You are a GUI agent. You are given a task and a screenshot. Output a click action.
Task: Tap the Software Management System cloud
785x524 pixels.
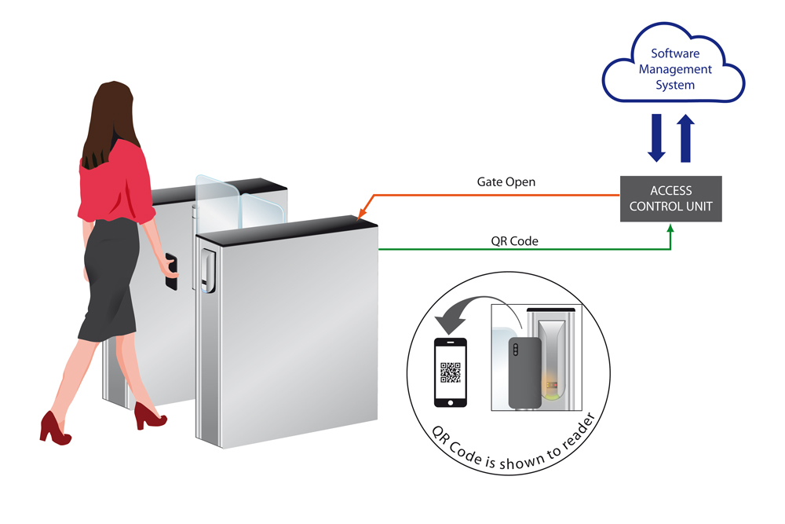click(674, 69)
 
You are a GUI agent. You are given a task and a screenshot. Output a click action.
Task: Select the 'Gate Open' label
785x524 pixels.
click(506, 181)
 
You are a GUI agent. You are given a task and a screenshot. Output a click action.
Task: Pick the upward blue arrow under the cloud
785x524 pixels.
click(686, 137)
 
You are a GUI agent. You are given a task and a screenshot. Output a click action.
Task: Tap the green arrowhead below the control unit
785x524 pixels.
click(670, 229)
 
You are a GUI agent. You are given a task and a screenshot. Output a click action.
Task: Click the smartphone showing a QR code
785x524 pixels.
click(450, 372)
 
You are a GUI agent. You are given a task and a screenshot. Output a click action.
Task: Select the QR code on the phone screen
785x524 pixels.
click(450, 372)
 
